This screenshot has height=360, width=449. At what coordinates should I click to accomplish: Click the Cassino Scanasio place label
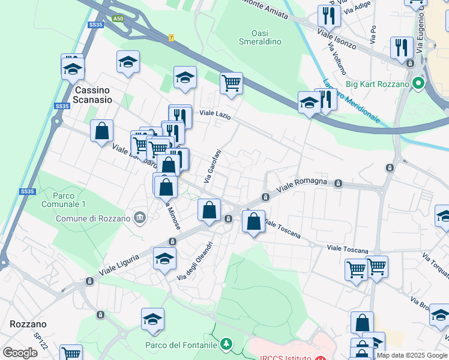[93, 95]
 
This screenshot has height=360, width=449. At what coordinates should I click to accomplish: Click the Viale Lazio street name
[214, 113]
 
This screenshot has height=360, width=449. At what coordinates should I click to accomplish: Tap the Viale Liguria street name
[119, 263]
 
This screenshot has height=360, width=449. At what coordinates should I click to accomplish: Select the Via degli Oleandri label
[195, 260]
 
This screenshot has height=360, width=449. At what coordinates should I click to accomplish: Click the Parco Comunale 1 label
[69, 200]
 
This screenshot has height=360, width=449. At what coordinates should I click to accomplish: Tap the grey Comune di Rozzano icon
[140, 217]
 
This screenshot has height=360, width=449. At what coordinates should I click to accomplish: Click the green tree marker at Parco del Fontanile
[226, 344]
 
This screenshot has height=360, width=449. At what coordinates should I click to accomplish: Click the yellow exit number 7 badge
[171, 38]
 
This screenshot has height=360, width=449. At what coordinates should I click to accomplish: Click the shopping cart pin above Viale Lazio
[231, 83]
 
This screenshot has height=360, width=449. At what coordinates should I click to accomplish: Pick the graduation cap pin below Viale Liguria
[164, 259]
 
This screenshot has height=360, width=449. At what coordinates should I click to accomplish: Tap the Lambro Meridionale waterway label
[352, 100]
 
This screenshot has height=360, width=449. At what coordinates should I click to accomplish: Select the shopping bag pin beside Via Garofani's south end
[209, 211]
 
